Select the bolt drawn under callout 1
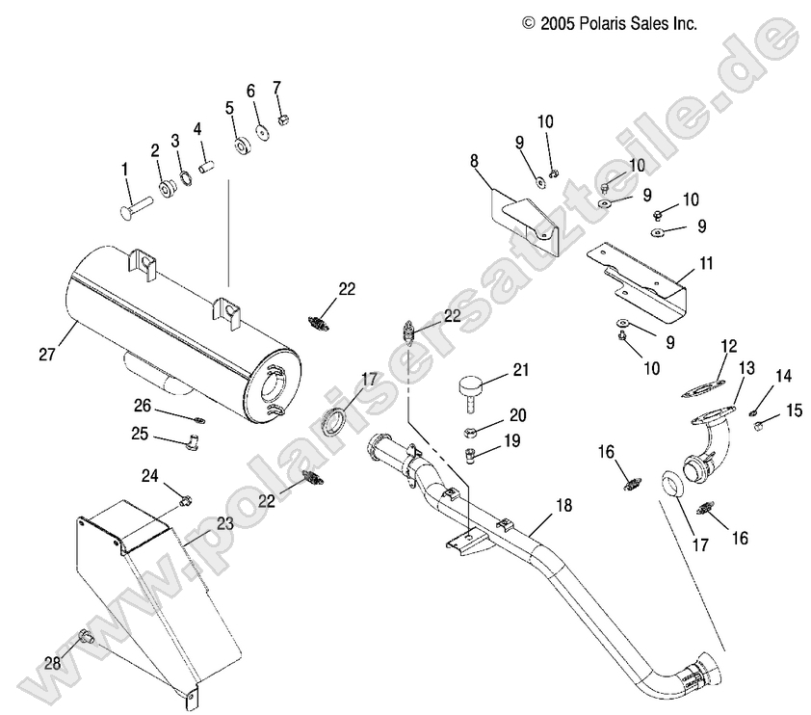click(x=138, y=205)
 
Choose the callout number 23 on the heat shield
click(x=224, y=524)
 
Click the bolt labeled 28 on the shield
click(x=84, y=636)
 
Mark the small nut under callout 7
click(x=283, y=119)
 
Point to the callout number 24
click(x=150, y=474)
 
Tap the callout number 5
click(x=230, y=107)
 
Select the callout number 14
click(x=783, y=376)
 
